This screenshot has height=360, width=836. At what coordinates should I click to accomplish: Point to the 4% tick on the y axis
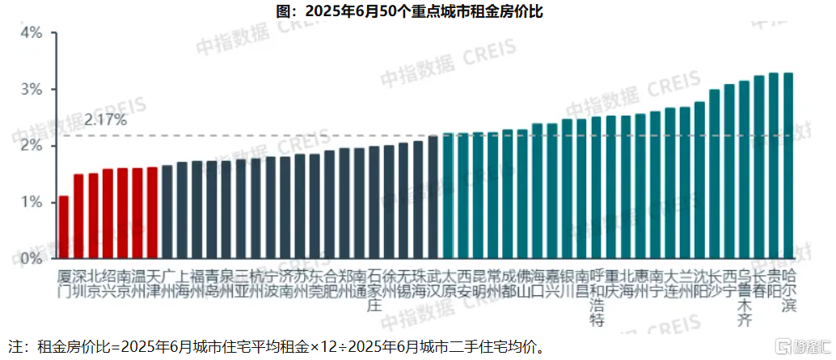[x=32, y=33]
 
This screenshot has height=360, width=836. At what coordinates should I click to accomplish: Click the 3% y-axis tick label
[x=32, y=89]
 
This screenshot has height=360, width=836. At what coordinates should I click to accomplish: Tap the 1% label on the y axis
[x=32, y=202]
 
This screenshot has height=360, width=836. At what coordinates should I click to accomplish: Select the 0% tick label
[x=32, y=259]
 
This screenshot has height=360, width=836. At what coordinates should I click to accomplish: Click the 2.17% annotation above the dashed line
[x=106, y=121]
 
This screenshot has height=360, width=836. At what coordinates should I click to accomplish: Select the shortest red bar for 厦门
[x=64, y=227]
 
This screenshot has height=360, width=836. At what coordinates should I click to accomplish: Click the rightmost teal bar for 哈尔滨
[x=788, y=166]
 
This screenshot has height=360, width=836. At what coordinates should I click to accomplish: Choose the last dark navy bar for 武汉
[x=433, y=197]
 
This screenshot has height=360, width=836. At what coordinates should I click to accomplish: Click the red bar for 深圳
[x=78, y=216]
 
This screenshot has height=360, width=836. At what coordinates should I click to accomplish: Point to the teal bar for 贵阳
[x=773, y=166]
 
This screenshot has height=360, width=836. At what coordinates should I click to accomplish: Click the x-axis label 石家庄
[x=374, y=288]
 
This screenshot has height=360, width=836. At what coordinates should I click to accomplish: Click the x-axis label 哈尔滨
[x=788, y=288]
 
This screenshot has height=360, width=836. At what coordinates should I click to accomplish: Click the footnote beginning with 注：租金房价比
[x=275, y=347]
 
